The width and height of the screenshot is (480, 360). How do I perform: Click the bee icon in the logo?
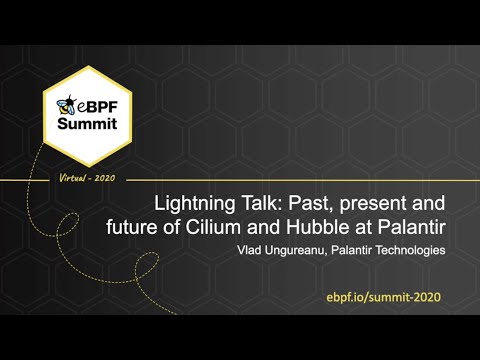click(69, 104)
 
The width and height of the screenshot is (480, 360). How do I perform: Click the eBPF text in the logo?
click(97, 106)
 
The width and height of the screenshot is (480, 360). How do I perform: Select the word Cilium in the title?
click(208, 226)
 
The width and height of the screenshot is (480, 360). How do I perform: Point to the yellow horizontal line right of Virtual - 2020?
click(300, 180)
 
